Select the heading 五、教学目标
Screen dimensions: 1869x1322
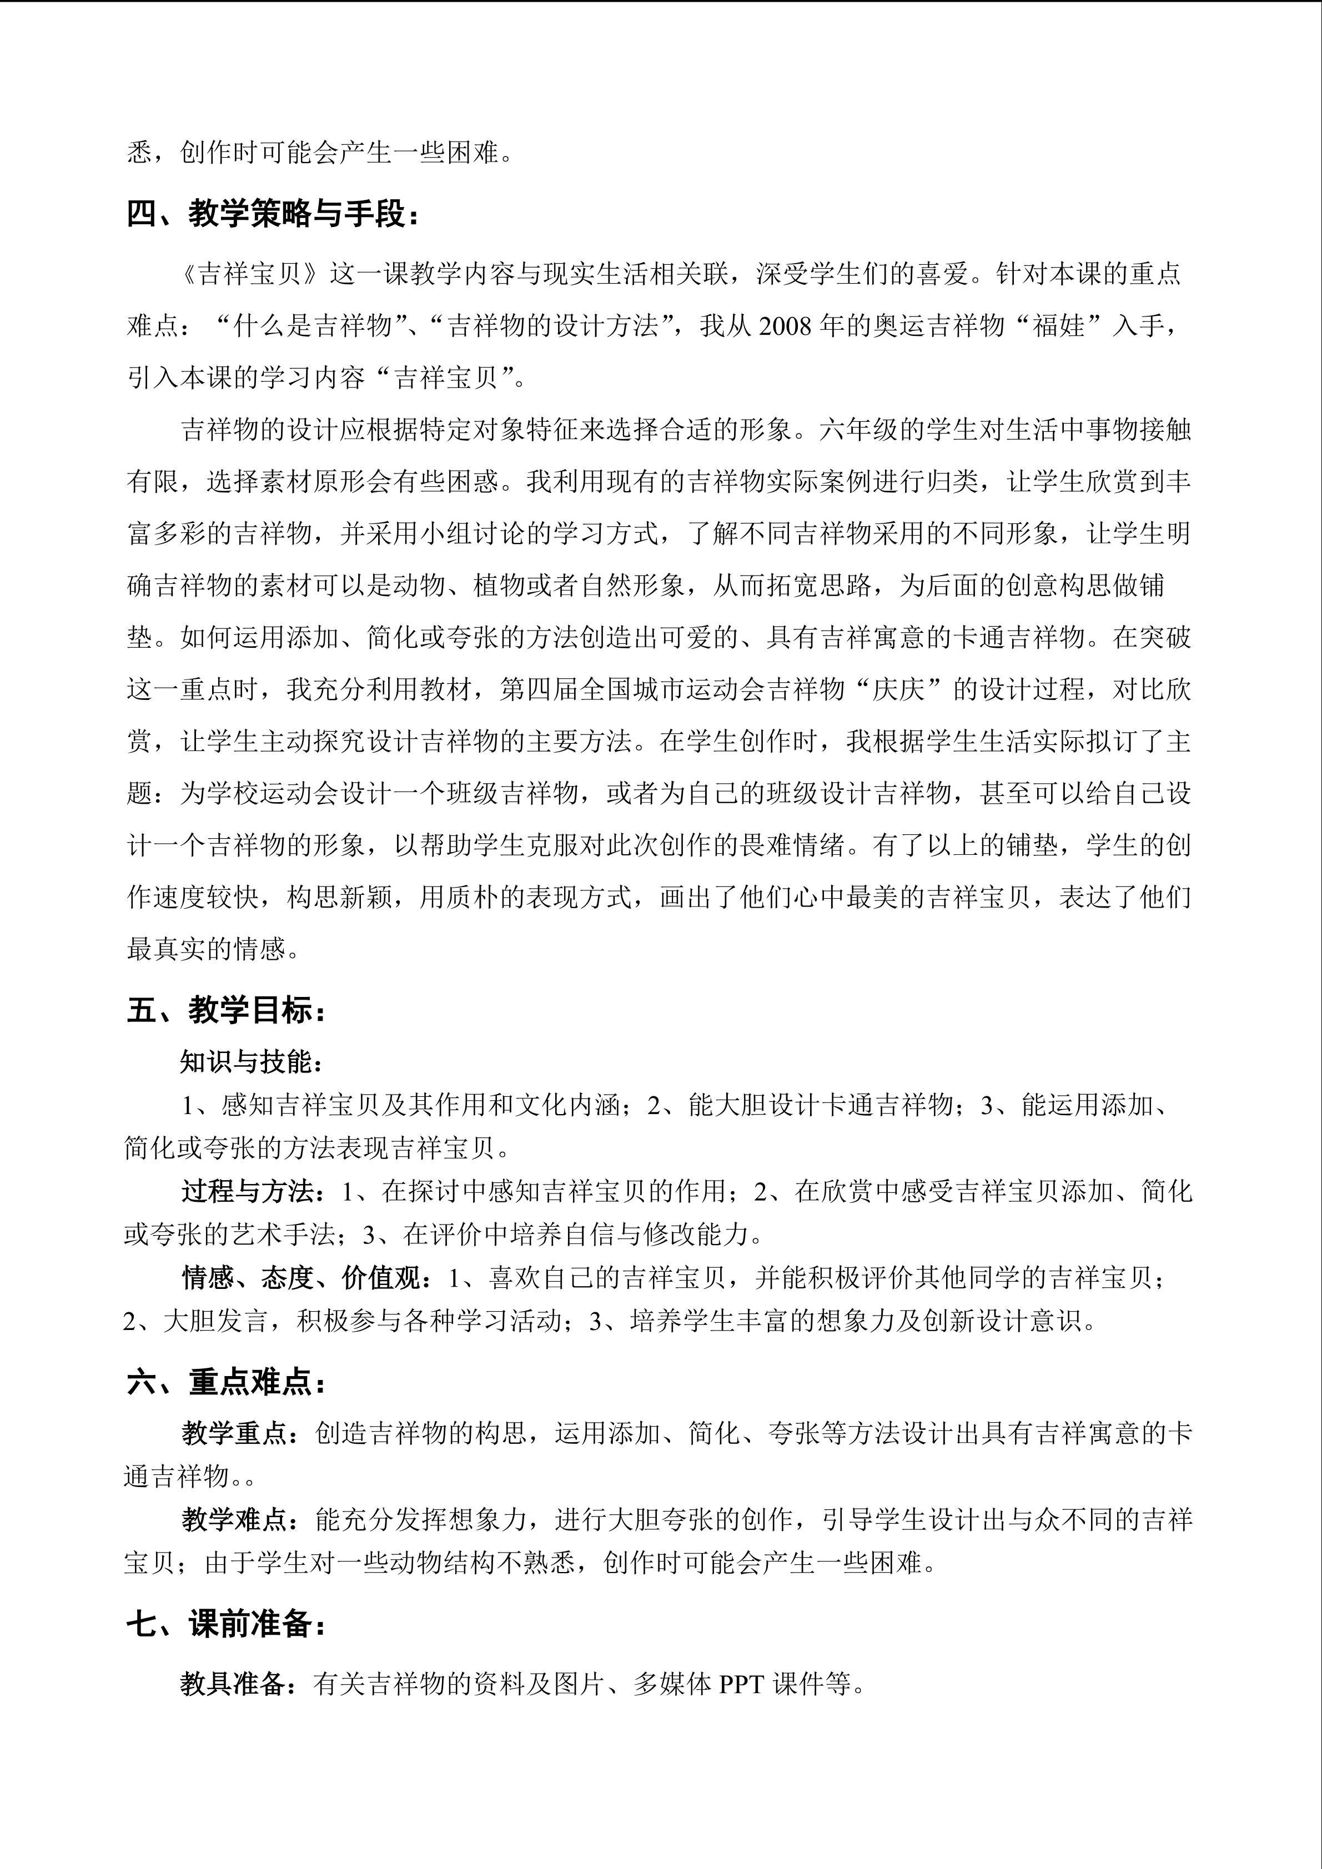pos(227,1010)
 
